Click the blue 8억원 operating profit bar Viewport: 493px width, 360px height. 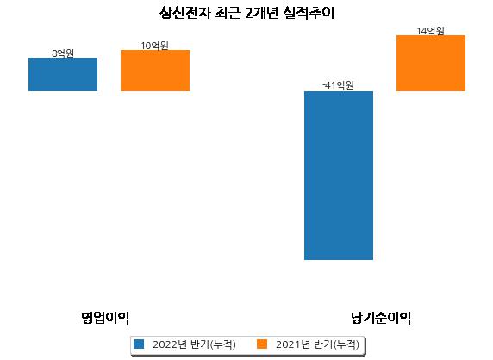coord(63,74)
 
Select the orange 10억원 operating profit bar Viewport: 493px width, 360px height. coord(155,71)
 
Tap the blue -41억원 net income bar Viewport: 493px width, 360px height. coord(339,176)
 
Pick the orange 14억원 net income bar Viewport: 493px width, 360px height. coord(431,63)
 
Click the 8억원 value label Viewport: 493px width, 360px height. coord(63,53)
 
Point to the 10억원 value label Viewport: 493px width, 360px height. coord(154,46)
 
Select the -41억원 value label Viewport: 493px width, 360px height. coord(339,85)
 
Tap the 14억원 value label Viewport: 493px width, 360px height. coord(430,31)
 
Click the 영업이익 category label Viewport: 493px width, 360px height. coord(105,318)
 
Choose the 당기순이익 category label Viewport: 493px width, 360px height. coord(381,318)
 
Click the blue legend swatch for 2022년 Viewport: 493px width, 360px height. coord(139,344)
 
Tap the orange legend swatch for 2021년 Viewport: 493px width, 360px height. coord(262,344)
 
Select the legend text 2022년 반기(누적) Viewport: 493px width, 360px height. coord(194,344)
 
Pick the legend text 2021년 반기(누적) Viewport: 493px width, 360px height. coord(317,344)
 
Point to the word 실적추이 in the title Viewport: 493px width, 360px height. coord(309,13)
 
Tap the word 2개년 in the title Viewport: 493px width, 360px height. coord(262,13)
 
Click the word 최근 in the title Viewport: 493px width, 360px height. coord(228,13)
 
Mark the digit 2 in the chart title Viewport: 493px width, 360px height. coord(249,14)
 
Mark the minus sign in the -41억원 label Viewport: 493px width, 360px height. coord(324,85)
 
